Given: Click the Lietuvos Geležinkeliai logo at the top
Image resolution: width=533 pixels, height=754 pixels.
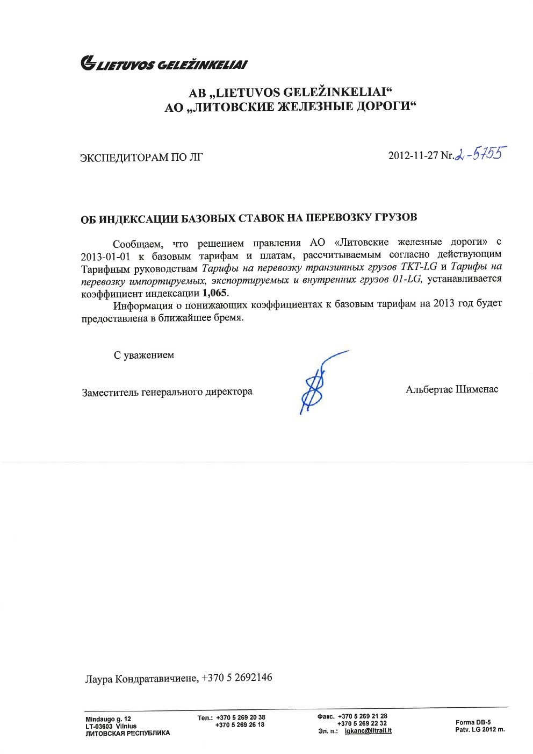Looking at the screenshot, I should (x=164, y=64).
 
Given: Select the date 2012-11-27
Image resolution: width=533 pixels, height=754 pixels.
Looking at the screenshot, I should (x=413, y=155).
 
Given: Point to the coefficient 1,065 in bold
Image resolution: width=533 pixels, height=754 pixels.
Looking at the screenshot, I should (x=214, y=293).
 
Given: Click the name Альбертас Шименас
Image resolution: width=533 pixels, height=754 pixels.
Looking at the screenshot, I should (x=451, y=389).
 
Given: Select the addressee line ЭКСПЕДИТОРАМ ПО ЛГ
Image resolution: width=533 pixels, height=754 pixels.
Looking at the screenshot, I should (x=141, y=158).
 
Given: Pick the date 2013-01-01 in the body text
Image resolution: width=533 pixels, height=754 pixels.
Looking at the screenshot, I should (x=105, y=257).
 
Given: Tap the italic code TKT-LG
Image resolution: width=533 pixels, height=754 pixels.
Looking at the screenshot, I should (x=419, y=267).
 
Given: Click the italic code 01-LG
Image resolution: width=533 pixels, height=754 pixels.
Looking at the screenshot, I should (x=407, y=279).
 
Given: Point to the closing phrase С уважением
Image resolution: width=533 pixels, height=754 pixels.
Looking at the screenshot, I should (x=143, y=355).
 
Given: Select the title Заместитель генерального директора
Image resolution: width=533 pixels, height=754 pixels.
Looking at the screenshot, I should (x=167, y=392).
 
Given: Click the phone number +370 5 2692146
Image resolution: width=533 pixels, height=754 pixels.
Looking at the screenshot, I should (x=237, y=677).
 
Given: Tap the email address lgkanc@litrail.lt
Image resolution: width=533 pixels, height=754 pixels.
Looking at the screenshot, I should (x=368, y=731).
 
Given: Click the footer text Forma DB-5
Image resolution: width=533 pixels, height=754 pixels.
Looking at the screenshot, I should (x=473, y=722).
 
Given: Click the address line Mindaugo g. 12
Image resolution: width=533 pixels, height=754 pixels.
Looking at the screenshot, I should (x=108, y=719).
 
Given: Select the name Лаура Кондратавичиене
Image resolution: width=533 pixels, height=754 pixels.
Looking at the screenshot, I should (x=141, y=678).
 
